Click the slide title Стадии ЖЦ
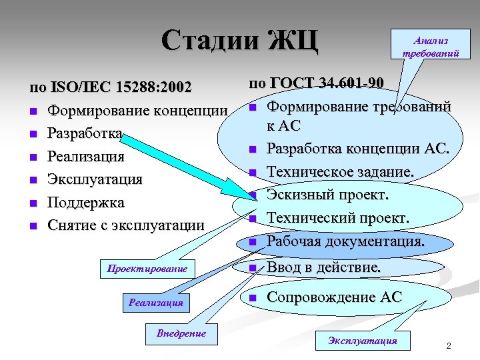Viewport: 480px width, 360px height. tap(239, 41)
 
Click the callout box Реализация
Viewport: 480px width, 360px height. tap(156, 303)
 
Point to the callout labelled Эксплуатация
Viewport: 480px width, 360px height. tap(362, 341)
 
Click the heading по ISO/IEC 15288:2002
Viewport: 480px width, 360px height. tap(111, 87)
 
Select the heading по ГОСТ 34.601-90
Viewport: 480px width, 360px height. tap(316, 83)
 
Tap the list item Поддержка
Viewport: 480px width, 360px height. tap(85, 202)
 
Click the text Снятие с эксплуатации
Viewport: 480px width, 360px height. tap(125, 225)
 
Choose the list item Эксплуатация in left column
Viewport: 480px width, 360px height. tap(94, 179)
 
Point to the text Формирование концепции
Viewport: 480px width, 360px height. tap(137, 110)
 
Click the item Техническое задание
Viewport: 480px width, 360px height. tap(340, 173)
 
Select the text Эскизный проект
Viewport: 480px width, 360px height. tap(327, 195)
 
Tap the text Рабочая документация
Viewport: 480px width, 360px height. tap(345, 241)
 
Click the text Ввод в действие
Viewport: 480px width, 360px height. tap(324, 268)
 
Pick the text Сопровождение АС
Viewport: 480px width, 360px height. tap(334, 297)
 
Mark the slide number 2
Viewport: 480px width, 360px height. tap(449, 346)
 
